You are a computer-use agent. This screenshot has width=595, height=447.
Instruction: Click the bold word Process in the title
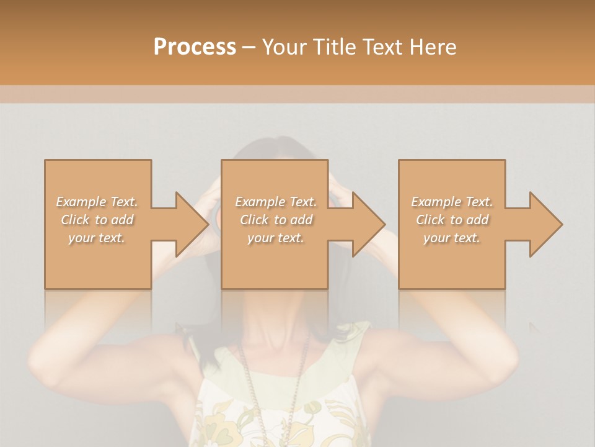coord(195,47)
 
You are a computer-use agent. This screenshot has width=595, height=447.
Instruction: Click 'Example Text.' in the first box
coord(97,202)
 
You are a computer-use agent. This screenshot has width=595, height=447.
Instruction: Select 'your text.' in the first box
coord(97,238)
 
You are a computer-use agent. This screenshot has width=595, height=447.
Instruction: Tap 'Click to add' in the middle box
coord(276,220)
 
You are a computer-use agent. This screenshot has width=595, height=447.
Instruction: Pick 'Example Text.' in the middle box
coord(276,202)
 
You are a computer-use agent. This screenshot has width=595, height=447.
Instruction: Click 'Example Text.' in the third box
coord(452,202)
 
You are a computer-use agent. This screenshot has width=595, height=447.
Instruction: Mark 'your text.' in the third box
coord(452,238)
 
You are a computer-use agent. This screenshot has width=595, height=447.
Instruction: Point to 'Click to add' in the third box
coord(452,220)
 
